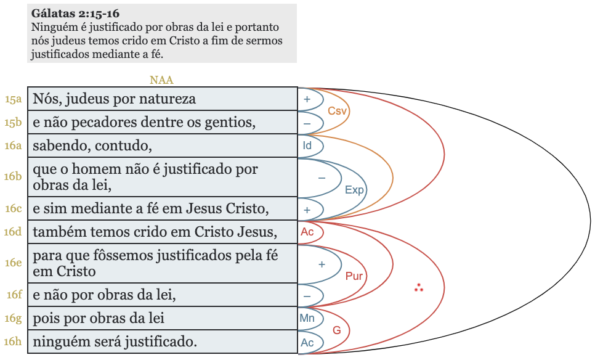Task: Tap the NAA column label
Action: [x=161, y=80]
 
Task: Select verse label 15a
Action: [x=14, y=99]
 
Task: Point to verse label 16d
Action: [x=14, y=232]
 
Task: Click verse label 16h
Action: [x=14, y=342]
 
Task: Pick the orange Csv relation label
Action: [x=338, y=111]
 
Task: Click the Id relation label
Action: [x=307, y=146]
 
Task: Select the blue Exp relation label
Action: [x=354, y=190]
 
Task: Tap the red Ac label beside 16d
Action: [x=307, y=232]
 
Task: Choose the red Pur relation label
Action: [x=354, y=276]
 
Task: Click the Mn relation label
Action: [x=307, y=318]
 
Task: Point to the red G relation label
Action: [x=337, y=330]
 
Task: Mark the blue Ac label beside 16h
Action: [x=307, y=342]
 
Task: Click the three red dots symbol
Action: [x=419, y=287]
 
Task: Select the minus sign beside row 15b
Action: [x=307, y=123]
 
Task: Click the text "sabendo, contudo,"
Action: [x=92, y=146]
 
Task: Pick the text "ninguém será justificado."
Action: [x=115, y=342]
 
